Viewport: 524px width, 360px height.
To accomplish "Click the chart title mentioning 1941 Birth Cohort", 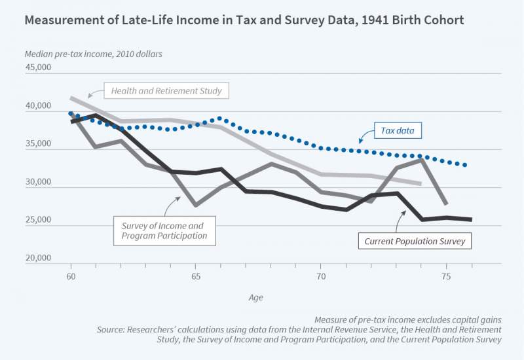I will coord(244,20).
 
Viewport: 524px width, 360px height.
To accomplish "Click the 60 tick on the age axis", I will coord(71,277).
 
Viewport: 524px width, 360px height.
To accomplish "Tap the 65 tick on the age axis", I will coord(196,277).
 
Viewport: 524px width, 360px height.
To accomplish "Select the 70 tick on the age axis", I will coord(320,277).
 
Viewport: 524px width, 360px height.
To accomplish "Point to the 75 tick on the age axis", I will coord(445,277).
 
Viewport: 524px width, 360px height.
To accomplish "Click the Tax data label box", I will coord(397,131).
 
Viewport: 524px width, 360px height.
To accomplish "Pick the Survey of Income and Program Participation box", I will coord(164,230).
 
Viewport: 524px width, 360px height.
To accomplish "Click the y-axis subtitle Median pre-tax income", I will coord(93,54).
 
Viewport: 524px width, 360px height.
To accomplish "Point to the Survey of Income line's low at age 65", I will coord(196,206).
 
